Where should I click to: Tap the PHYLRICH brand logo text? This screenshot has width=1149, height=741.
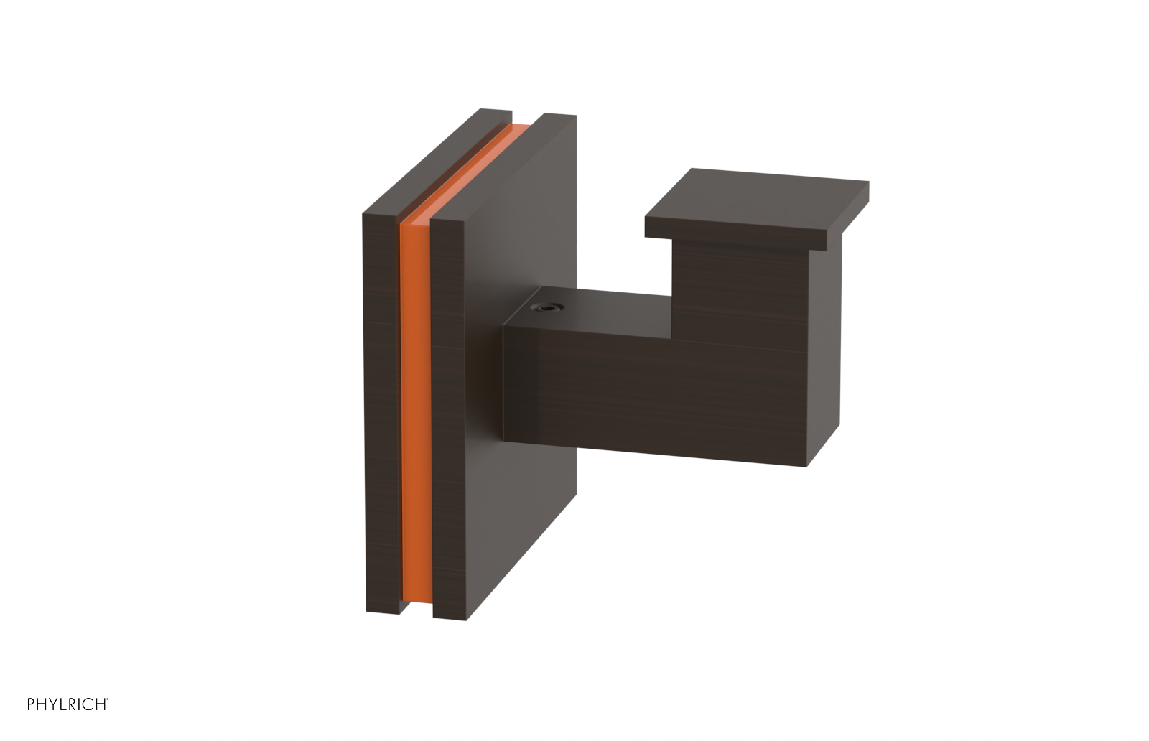pyautogui.click(x=67, y=704)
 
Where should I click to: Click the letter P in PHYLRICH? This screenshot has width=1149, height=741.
pyautogui.click(x=32, y=704)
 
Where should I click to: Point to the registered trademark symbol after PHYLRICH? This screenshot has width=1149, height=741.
pyautogui.click(x=108, y=699)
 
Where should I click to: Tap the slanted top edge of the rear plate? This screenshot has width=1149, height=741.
pyautogui.click(x=431, y=158)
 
